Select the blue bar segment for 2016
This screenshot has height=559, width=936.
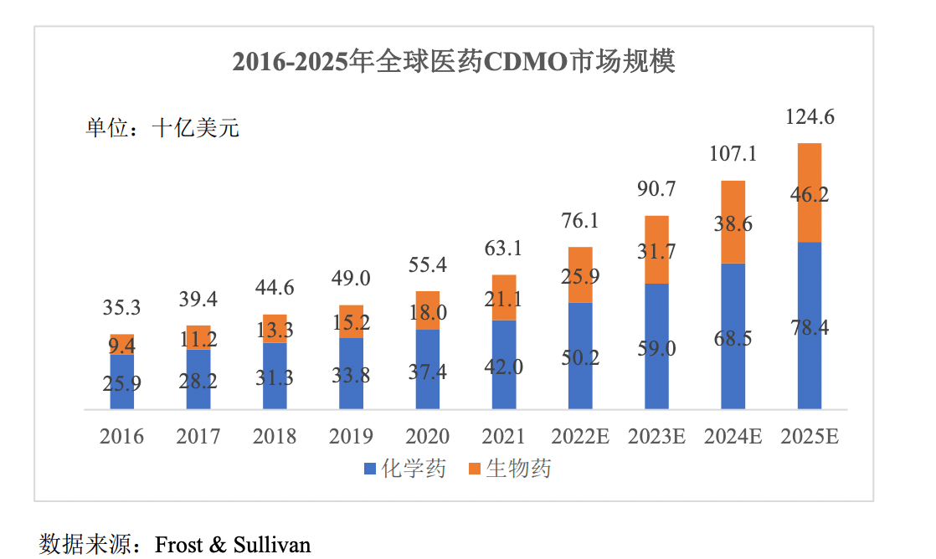pos(122,382)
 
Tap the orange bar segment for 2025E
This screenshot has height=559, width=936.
pos(809,192)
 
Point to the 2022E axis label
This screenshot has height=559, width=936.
pos(579,437)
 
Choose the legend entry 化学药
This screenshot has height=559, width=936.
pos(405,469)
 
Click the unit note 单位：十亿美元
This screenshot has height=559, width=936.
pos(162,129)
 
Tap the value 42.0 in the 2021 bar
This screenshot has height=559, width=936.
pos(504,367)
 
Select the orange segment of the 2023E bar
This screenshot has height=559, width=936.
pos(656,249)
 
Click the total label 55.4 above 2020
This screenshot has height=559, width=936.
pos(427,265)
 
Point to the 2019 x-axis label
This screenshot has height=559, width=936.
pos(351,437)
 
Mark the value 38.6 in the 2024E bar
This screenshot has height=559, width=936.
pos(733,223)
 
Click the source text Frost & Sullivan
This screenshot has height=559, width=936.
pos(233,545)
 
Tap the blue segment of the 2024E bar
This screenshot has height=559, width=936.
pos(733,336)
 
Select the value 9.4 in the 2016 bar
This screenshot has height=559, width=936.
pos(122,344)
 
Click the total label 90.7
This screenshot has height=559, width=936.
pos(656,190)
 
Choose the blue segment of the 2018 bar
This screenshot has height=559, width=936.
pos(275,377)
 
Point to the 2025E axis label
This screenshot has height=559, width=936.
pos(809,437)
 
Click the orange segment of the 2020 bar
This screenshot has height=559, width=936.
pos(427,310)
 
